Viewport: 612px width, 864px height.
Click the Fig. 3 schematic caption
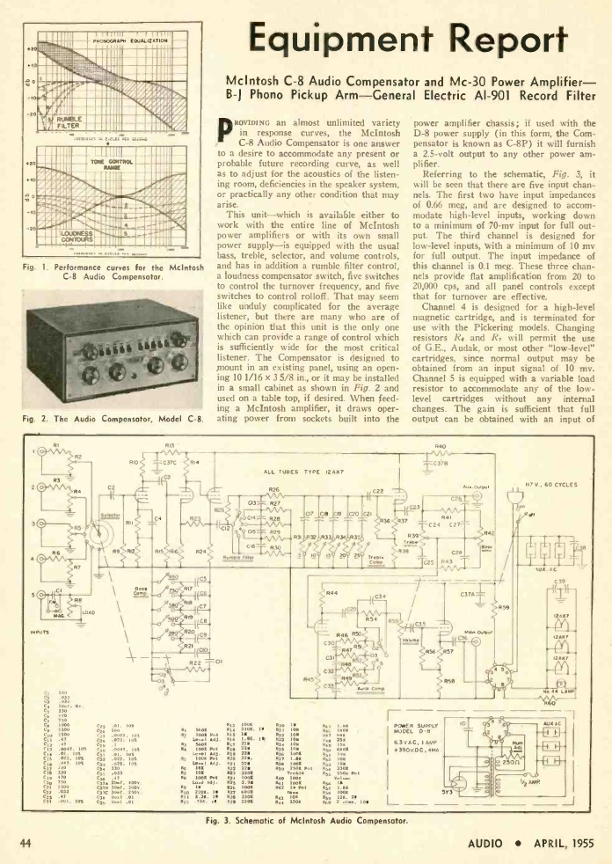pos(304,820)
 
